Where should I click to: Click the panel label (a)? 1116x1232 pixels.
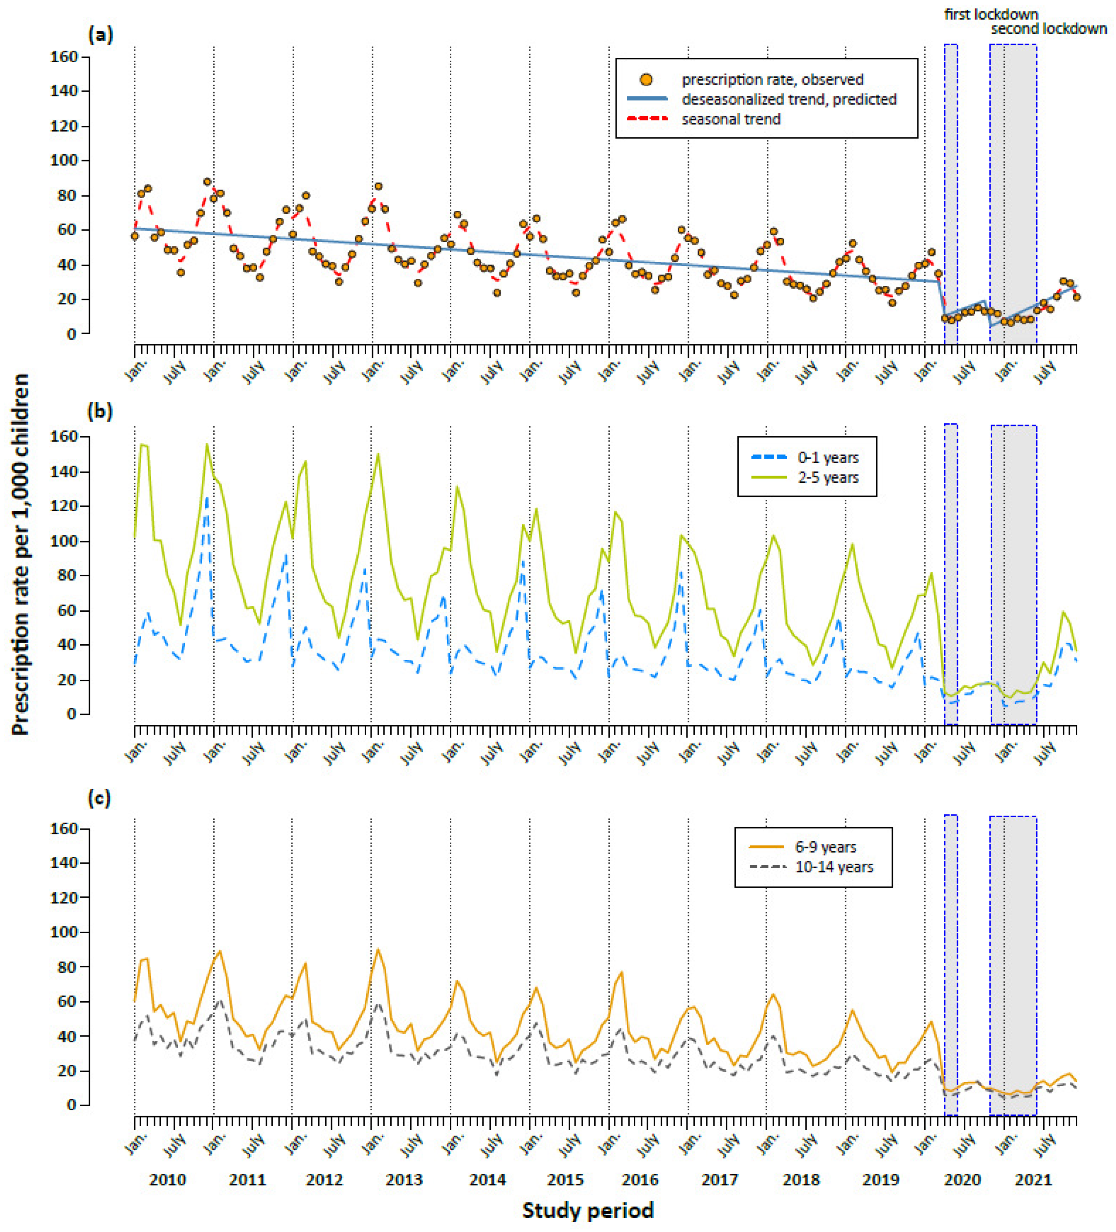coord(100,35)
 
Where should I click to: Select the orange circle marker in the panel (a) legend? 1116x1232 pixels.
coord(646,79)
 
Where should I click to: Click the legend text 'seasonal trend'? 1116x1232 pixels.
coord(731,119)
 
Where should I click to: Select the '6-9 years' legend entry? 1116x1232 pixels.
coord(825,847)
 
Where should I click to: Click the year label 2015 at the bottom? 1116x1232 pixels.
coord(565,1179)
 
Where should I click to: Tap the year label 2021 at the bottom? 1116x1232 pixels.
coord(1033,1179)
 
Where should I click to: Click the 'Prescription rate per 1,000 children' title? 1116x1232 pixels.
coord(20,554)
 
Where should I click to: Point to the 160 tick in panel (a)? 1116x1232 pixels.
coord(64,57)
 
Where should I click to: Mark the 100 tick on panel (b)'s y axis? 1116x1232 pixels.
coord(64,541)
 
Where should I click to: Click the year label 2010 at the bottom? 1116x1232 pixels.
coord(167,1179)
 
